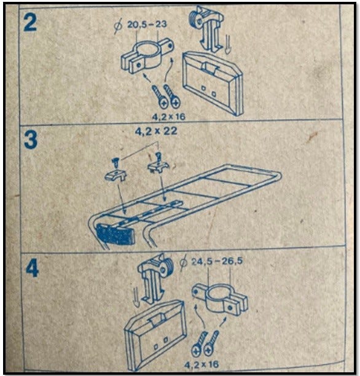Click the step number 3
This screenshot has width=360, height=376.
[x=31, y=140]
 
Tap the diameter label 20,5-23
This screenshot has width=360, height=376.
[x=147, y=24]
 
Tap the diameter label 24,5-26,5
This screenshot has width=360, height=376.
[x=217, y=261]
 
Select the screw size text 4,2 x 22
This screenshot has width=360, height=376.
[x=156, y=131]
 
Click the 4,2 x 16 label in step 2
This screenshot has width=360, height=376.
[x=169, y=117]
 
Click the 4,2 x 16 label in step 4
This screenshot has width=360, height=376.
[x=202, y=364]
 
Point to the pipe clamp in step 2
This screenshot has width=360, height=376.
[x=147, y=57]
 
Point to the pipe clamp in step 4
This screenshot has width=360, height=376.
[x=220, y=299]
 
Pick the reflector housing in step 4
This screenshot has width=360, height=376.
[x=155, y=334]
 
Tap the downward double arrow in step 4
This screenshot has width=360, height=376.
[x=136, y=297]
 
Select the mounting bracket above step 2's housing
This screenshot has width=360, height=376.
[x=206, y=28]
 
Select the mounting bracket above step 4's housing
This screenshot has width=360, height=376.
[x=155, y=278]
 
